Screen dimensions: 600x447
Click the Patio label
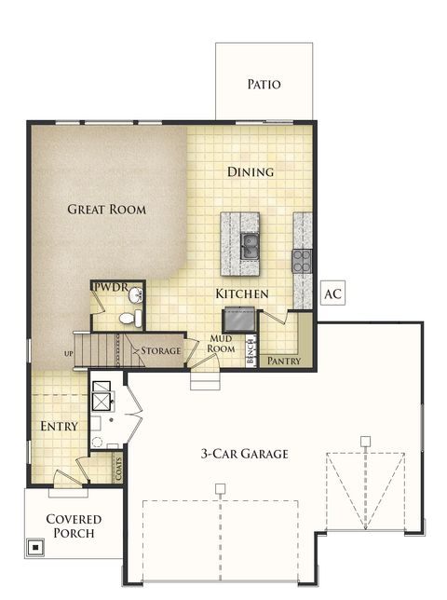click(264, 85)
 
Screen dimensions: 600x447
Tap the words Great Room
click(107, 210)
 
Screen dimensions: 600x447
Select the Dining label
click(251, 171)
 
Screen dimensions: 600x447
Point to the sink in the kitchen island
click(250, 246)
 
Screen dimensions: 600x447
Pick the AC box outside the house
click(332, 294)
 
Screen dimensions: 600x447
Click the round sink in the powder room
click(136, 296)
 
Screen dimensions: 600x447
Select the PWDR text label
click(108, 287)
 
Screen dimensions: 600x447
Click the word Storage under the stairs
click(160, 350)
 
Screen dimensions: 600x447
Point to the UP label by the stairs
click(68, 354)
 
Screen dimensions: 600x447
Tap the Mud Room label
click(222, 345)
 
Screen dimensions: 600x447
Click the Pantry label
click(283, 361)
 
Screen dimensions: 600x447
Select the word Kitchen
click(242, 294)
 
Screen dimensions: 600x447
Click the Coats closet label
click(118, 467)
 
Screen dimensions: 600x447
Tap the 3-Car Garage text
click(245, 455)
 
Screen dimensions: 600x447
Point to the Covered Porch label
click(73, 527)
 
